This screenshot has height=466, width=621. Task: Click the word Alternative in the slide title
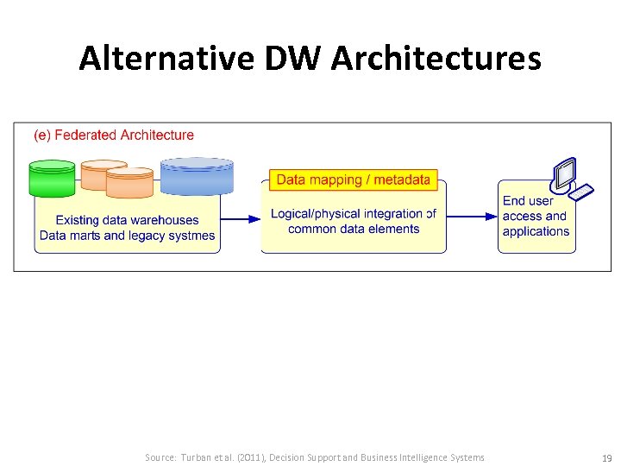pyautogui.click(x=166, y=59)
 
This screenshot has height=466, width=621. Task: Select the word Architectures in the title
pyautogui.click(x=436, y=59)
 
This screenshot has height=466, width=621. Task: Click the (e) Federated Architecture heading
pyautogui.click(x=114, y=135)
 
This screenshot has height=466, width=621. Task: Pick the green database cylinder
pyautogui.click(x=52, y=179)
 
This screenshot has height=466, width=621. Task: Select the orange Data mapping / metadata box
pyautogui.click(x=353, y=179)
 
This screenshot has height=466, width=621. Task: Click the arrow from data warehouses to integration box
pyautogui.click(x=241, y=219)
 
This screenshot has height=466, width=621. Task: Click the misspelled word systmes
pyautogui.click(x=191, y=236)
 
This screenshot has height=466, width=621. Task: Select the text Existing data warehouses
pyautogui.click(x=127, y=220)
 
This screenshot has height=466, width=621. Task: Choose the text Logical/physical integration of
pyautogui.click(x=353, y=213)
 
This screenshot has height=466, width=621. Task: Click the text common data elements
pyautogui.click(x=354, y=229)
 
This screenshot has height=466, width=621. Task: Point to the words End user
pyautogui.click(x=528, y=200)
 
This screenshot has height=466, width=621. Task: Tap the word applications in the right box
pyautogui.click(x=536, y=231)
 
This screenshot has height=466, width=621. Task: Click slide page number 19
pyautogui.click(x=606, y=458)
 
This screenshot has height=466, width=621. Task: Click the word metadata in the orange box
pyautogui.click(x=402, y=179)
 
